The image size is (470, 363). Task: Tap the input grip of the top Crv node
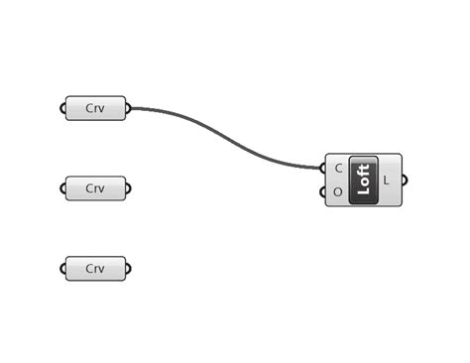[64, 108]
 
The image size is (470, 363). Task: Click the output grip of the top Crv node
[129, 108]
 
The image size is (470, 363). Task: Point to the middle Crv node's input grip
[64, 187]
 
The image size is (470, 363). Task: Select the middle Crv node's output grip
[129, 187]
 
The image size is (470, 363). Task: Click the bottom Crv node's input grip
[64, 268]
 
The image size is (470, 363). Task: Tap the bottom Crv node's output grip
[129, 268]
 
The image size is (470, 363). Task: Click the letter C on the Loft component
[339, 169]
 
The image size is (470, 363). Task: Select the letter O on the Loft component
[339, 191]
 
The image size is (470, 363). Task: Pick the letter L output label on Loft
[387, 181]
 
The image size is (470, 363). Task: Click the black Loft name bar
[363, 181]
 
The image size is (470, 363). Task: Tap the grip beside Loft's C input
[325, 169]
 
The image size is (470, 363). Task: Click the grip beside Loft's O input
[325, 191]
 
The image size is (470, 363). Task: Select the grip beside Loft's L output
[403, 181]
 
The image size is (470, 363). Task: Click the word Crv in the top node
[95, 108]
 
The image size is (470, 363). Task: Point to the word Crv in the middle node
[95, 187]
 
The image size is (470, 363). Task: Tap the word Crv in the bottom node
[95, 268]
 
